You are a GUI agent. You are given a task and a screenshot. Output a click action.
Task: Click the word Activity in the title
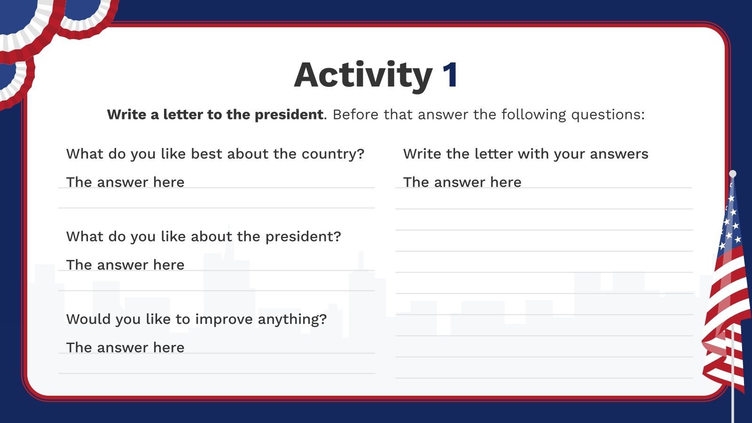tap(363, 75)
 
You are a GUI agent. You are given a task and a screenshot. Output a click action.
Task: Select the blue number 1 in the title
tap(450, 75)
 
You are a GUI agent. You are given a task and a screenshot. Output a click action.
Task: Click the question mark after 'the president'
tap(337, 236)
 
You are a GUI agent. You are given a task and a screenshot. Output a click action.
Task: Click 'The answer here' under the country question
tap(125, 182)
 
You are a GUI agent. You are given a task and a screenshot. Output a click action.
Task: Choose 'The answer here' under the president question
tap(125, 265)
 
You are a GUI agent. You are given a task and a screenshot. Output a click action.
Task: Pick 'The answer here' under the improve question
tap(125, 348)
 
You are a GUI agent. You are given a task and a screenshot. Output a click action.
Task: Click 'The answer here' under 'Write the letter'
tap(462, 182)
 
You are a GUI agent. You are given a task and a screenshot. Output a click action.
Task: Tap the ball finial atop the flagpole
tap(732, 174)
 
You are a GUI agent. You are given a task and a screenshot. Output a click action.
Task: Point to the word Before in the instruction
tap(356, 115)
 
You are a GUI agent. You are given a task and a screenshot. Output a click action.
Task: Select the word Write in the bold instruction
tap(126, 115)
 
